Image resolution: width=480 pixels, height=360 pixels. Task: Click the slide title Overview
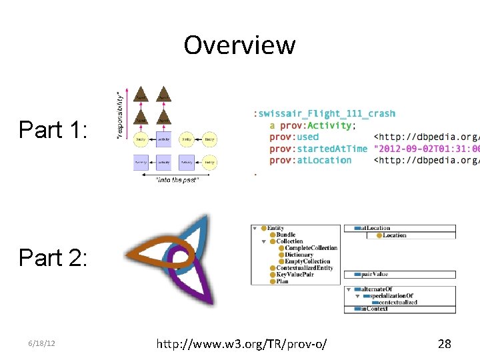[239, 45]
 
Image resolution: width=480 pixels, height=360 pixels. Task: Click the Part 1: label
[53, 129]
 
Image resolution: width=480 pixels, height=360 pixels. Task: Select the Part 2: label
[53, 257]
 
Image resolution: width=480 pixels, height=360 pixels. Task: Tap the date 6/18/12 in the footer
[41, 343]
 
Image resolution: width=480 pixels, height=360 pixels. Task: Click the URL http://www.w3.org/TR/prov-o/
[241, 344]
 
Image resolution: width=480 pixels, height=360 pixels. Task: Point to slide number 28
[444, 344]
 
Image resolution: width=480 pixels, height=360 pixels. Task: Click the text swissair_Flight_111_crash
[326, 114]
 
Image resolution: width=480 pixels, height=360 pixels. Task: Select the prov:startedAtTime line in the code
[319, 149]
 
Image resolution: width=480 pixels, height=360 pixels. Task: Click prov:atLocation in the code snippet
[310, 160]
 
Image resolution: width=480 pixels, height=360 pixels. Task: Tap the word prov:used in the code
[294, 137]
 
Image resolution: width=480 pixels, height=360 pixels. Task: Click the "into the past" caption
[177, 180]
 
